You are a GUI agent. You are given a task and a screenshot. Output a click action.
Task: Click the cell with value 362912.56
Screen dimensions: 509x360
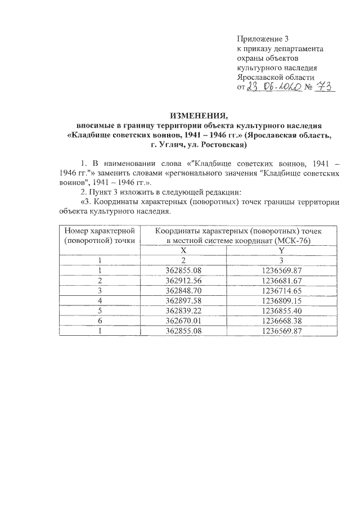182,280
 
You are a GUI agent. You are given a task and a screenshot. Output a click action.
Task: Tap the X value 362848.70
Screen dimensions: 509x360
182,290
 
